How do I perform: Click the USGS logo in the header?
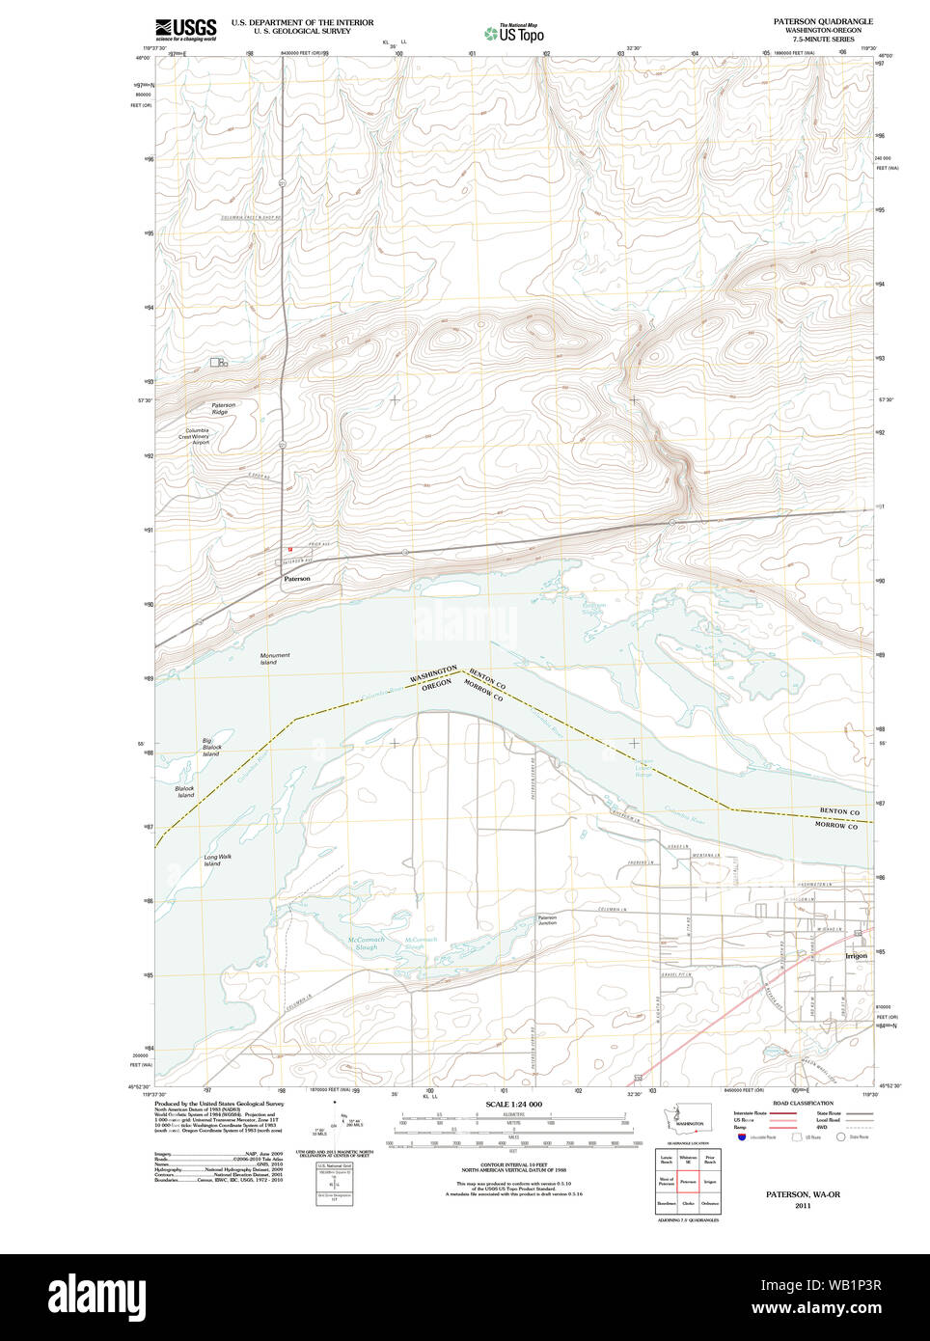[186, 29]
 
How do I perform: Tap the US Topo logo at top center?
[514, 33]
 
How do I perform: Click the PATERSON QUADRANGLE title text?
[823, 21]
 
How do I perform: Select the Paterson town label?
[297, 579]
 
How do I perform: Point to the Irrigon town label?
[856, 955]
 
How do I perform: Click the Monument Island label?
[274, 659]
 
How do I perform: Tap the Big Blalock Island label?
[211, 748]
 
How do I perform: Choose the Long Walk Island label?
[217, 860]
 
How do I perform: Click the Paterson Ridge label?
[223, 408]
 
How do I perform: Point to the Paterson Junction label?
[547, 920]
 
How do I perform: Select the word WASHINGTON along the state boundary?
[433, 674]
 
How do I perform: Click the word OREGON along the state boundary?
[437, 684]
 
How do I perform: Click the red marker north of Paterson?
[289, 550]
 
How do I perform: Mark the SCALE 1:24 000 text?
[513, 1104]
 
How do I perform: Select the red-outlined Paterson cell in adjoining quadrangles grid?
[688, 1181]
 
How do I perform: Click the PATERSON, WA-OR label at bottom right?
[803, 1194]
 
